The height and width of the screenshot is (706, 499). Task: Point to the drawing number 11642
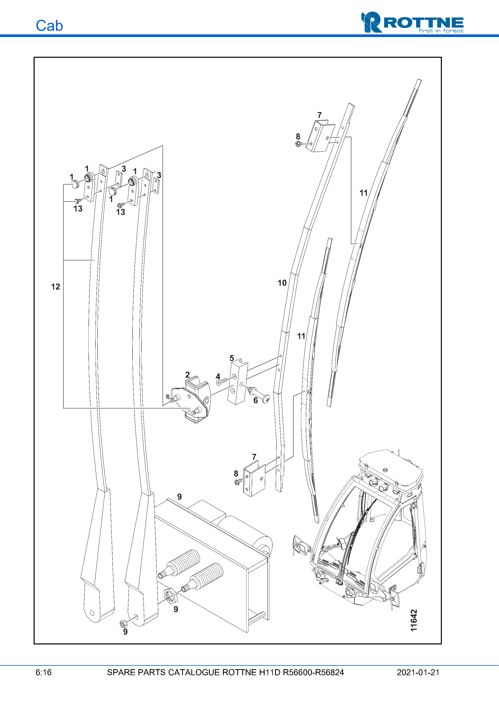point(414,620)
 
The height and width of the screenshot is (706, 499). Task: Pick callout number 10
point(282,283)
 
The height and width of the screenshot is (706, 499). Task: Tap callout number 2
point(188,374)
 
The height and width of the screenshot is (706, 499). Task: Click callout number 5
point(232,358)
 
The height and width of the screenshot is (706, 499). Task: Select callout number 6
point(256,400)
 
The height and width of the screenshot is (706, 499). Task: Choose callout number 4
point(218,376)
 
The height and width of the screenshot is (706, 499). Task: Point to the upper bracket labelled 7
point(320,136)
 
